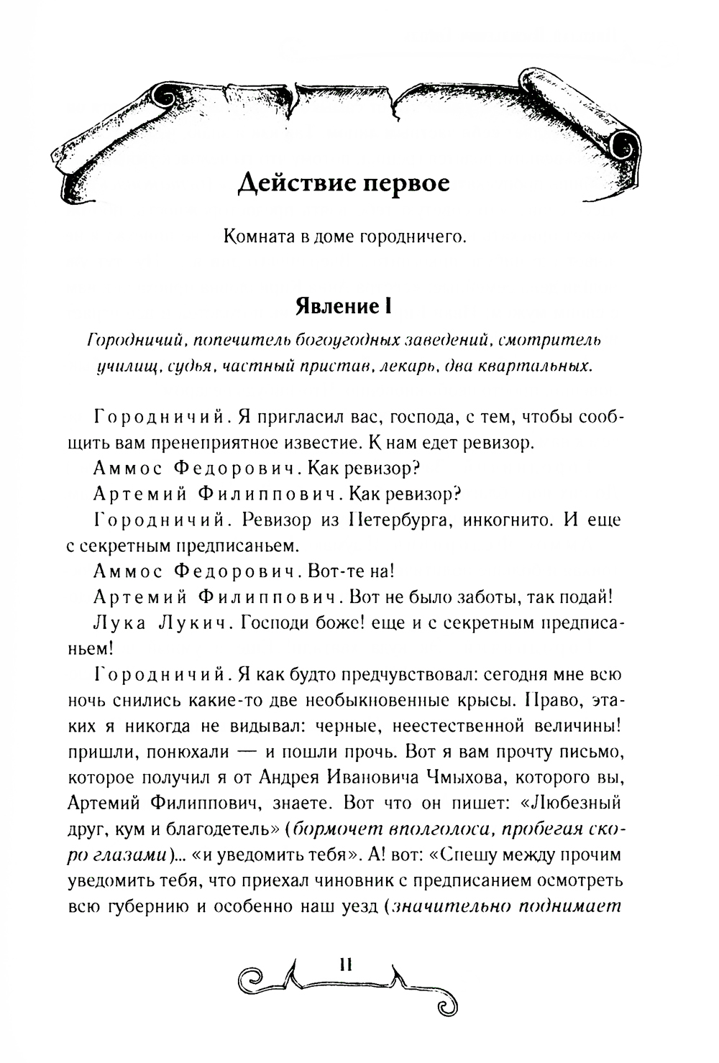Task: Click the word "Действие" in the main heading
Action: pyautogui.click(x=293, y=184)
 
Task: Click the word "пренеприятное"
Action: pyautogui.click(x=262, y=442)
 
